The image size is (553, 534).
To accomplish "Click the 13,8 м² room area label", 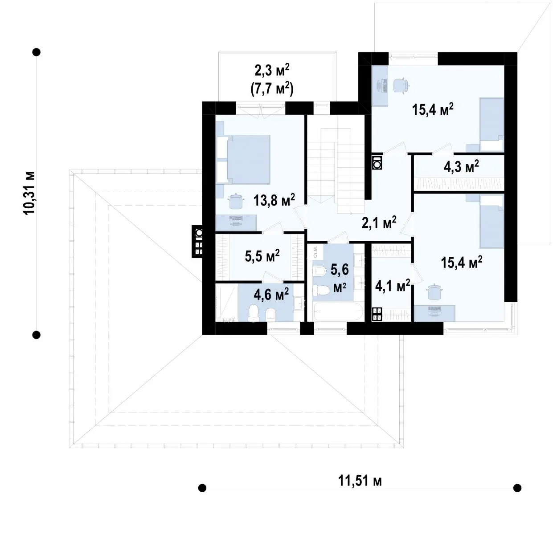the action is [274, 201].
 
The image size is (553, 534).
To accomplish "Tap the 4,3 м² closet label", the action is [461, 167].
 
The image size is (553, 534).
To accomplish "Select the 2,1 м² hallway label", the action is [379, 222].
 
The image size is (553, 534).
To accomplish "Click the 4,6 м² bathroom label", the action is [271, 294].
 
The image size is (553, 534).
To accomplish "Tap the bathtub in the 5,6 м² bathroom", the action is [338, 311].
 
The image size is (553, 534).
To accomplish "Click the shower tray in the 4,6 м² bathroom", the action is [227, 303].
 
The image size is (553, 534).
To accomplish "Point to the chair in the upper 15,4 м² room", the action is [401, 85].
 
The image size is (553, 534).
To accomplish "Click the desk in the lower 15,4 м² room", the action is [434, 313].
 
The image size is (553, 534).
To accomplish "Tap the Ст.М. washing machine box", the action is [315, 252].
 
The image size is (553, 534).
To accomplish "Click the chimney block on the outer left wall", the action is [198, 241].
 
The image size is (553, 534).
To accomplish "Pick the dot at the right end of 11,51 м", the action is [517, 488].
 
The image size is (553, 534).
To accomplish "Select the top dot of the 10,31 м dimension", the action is [37, 52].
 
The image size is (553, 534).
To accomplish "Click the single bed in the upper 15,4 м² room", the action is [492, 125].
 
